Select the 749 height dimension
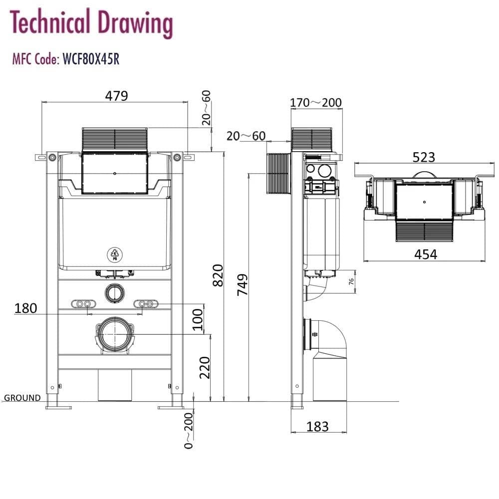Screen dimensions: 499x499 click(243, 285)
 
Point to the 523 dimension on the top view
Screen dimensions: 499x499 click(424, 157)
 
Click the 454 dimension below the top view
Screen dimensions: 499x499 click(426, 254)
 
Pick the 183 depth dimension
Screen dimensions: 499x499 click(317, 426)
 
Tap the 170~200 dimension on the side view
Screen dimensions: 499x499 click(316, 103)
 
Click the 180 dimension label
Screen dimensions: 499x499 click(25, 308)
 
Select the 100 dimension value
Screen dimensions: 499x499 click(198, 319)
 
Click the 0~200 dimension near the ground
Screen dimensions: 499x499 click(188, 431)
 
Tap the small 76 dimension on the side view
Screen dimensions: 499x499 click(351, 281)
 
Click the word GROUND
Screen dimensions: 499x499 click(22, 398)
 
